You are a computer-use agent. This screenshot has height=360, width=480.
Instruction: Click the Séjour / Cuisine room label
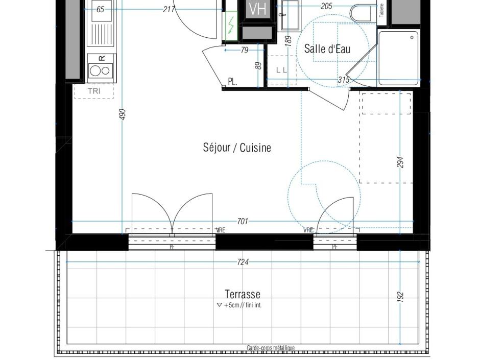tap(237, 148)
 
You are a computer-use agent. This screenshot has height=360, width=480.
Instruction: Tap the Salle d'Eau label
tap(327, 49)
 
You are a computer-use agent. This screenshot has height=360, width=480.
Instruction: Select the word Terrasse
tap(243, 294)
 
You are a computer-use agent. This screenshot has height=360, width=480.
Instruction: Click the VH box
tap(257, 9)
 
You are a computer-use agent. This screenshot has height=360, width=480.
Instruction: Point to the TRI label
tap(94, 91)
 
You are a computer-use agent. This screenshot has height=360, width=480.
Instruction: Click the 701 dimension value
tap(243, 221)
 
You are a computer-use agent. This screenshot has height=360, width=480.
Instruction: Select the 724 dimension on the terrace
tap(243, 262)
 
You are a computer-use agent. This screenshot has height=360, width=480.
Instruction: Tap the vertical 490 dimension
tap(123, 114)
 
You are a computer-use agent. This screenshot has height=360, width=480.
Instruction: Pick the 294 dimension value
tap(401, 162)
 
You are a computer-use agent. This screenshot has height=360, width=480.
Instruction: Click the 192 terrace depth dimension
tap(400, 296)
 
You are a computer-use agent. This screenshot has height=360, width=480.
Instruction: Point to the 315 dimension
tap(344, 80)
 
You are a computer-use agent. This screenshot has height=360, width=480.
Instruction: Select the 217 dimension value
tap(169, 9)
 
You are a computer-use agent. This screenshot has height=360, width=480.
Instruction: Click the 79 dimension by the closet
tap(244, 50)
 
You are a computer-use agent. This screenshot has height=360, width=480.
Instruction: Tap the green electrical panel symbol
tap(231, 24)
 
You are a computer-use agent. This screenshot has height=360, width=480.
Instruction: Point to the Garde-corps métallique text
tap(271, 348)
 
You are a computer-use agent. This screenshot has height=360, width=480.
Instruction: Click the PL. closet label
tap(232, 82)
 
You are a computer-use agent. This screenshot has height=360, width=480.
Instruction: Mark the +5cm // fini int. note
tap(240, 305)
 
